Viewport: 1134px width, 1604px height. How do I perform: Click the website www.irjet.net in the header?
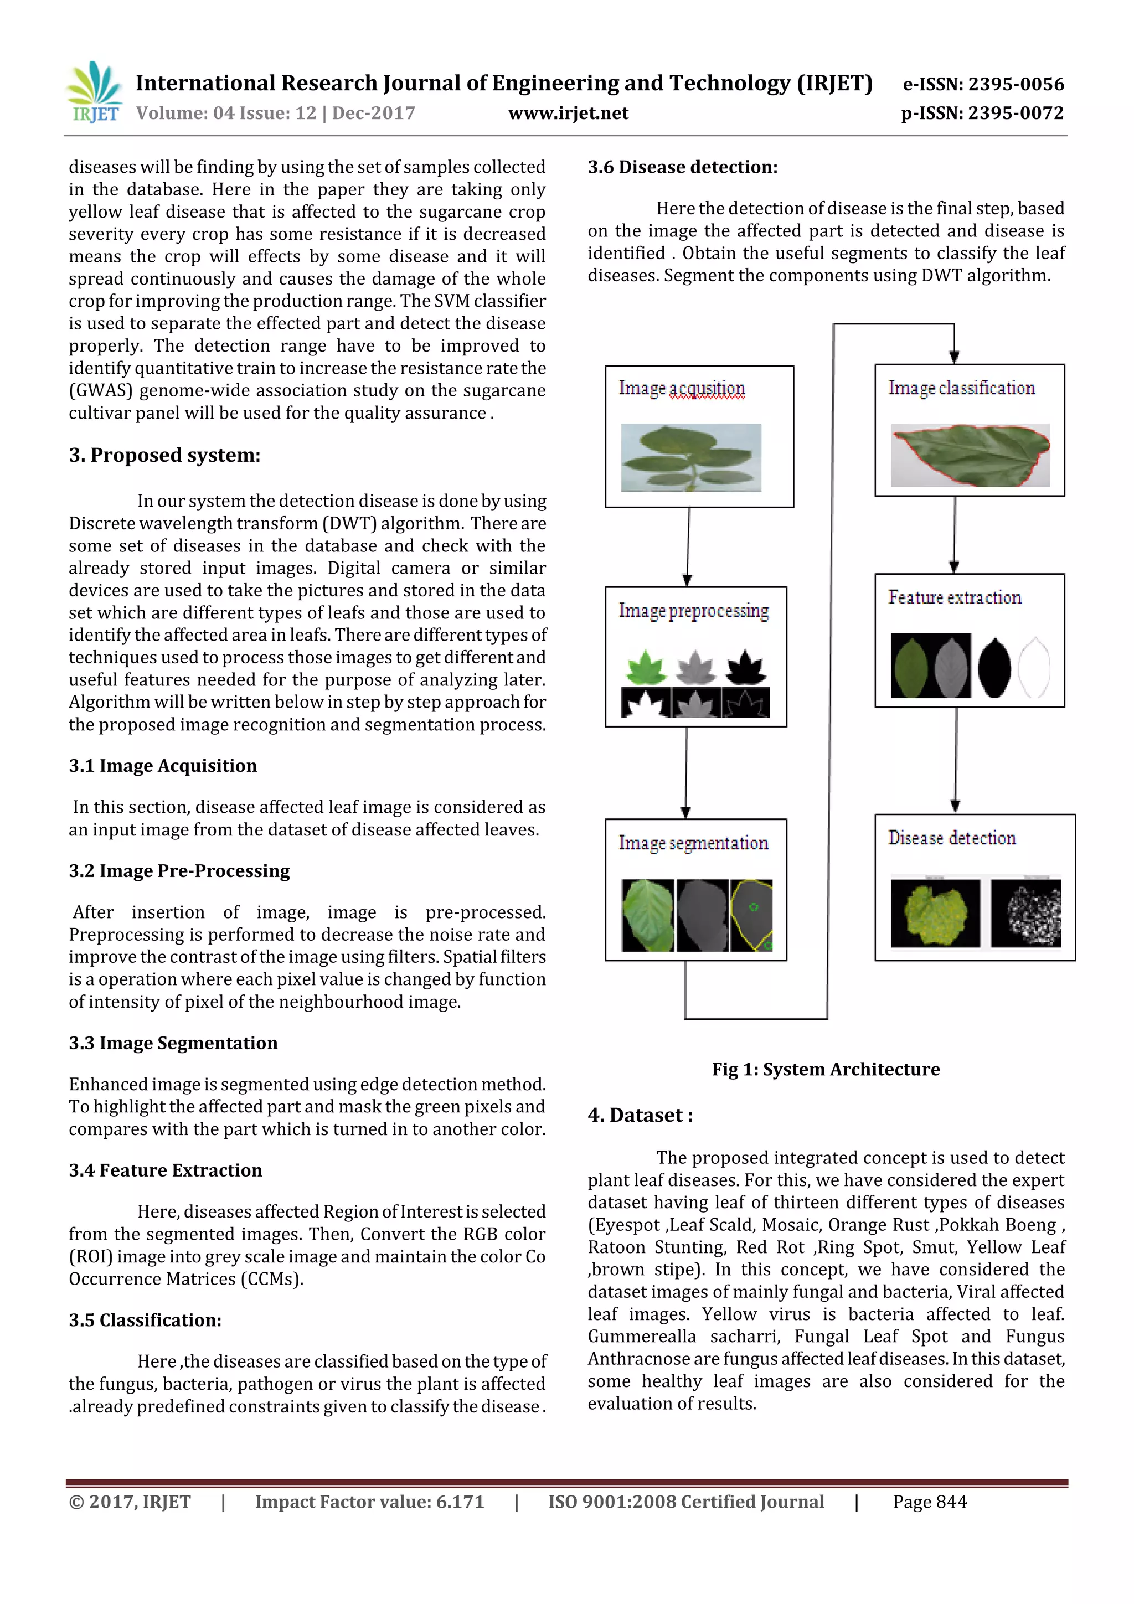coord(568,113)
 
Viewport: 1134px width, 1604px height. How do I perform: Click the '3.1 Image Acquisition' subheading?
coord(163,766)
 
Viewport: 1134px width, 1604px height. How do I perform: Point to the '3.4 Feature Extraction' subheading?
coord(166,1170)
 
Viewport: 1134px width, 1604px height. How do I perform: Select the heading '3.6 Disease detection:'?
coord(682,167)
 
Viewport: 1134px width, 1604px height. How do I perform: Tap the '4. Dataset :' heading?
coord(640,1115)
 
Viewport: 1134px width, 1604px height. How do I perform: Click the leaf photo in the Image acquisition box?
coord(690,457)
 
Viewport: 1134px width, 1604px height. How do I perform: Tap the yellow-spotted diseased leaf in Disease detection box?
coord(935,913)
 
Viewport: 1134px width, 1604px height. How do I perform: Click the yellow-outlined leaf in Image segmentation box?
coord(751,915)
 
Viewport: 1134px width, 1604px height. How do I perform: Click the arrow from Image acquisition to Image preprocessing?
coord(688,546)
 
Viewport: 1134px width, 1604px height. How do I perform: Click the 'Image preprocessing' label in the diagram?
coord(693,611)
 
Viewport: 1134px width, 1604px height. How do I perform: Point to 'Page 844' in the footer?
coord(929,1502)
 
